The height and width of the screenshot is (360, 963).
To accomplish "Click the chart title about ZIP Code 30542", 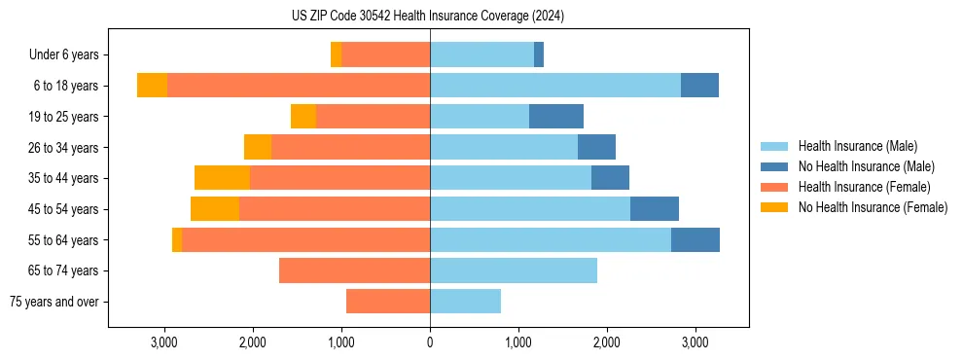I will [x=428, y=17].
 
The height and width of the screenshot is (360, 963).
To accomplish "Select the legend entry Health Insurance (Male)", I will [x=856, y=146].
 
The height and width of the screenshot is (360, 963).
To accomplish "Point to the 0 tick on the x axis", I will [x=430, y=343].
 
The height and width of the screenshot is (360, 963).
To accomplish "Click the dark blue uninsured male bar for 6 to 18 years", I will [x=699, y=86].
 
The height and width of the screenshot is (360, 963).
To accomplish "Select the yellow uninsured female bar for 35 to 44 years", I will [x=222, y=178].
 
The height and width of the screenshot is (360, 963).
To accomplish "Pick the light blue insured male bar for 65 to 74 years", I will [x=514, y=270].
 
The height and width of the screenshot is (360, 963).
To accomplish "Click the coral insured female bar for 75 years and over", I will [x=388, y=302].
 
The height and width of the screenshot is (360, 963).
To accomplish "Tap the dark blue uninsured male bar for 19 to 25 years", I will [x=556, y=117].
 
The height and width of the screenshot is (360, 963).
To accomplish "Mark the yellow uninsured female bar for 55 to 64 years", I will [x=177, y=239].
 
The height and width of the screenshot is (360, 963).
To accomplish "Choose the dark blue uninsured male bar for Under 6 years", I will [x=539, y=54].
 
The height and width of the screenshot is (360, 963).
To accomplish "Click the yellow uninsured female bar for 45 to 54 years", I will [x=215, y=209].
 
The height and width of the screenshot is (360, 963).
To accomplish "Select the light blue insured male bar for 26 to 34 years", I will [x=504, y=147].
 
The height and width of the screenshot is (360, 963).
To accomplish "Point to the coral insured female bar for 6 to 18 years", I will [x=299, y=86].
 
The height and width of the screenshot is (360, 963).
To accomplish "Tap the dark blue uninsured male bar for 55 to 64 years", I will [x=695, y=239].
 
